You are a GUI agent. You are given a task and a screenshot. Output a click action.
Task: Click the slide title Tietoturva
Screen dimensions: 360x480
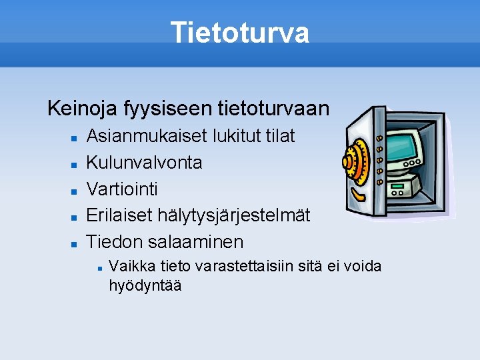tap(239, 33)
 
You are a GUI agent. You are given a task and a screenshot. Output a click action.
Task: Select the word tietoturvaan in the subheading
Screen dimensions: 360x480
tap(273, 107)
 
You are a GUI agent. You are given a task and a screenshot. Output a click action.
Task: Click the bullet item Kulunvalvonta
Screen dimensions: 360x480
tap(145, 162)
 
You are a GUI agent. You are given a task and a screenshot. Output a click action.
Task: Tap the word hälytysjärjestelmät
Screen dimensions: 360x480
tap(234, 215)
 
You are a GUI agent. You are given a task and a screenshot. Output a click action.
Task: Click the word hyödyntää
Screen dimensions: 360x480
tap(145, 285)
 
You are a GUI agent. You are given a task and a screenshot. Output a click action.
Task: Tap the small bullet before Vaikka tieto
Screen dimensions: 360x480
tap(99, 267)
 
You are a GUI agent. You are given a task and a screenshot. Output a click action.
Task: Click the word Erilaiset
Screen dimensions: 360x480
tap(120, 215)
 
